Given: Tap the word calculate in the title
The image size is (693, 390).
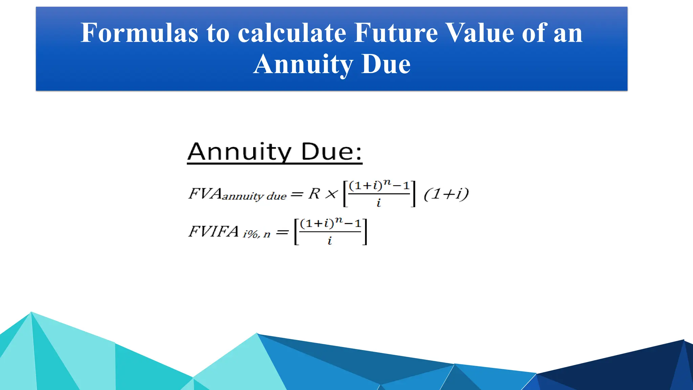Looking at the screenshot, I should click(292, 33).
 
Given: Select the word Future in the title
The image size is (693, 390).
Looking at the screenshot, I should click(396, 33).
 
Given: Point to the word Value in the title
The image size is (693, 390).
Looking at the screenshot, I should click(479, 33).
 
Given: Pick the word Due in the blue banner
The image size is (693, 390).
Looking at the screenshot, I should click(386, 64).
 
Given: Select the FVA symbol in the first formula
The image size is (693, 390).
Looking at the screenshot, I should click(205, 194).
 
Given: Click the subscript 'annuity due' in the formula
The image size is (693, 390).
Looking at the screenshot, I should click(254, 196).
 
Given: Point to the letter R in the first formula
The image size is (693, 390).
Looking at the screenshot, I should click(314, 194).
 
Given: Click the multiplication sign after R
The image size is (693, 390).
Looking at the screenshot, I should click(331, 194).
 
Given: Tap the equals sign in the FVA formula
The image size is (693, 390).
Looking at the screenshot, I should click(297, 194).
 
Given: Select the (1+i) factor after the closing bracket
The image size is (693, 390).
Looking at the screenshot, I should click(446, 194).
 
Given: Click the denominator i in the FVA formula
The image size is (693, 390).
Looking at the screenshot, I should click(379, 203).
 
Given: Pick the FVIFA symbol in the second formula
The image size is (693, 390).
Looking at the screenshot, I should click(214, 232).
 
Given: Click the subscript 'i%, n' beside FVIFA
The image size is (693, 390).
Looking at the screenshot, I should click(256, 234).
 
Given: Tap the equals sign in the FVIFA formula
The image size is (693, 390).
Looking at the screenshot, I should click(282, 233).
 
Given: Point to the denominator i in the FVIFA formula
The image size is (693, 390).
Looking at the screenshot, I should click(330, 241).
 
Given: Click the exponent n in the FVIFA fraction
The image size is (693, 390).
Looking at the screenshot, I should click(338, 220).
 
